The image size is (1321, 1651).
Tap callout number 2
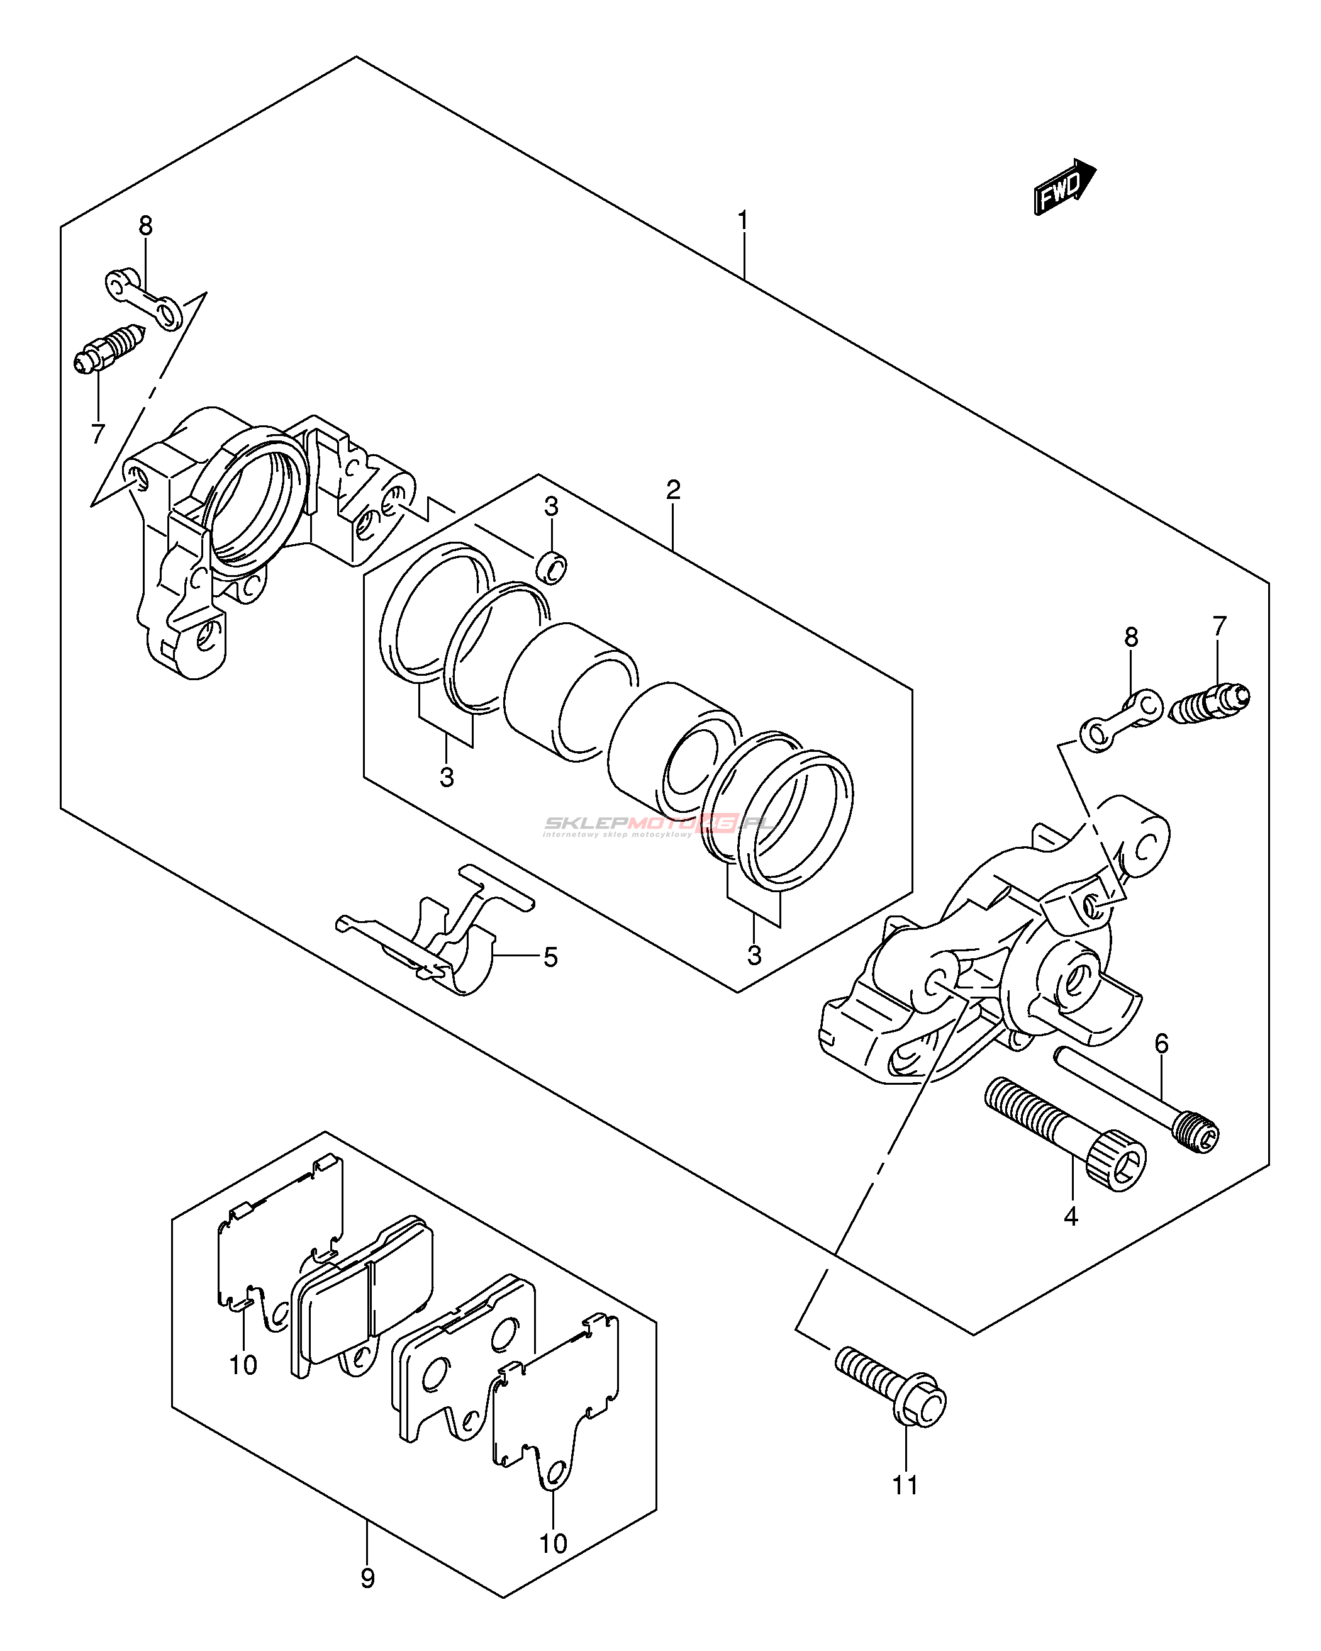pos(673,490)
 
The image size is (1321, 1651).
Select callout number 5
pos(550,957)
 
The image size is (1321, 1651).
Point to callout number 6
pos(1162,1043)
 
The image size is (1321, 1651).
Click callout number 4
pos(1071,1216)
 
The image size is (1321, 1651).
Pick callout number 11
pos(905,1486)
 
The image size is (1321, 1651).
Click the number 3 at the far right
pos(754,955)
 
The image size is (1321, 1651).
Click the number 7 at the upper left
pos(98,434)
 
